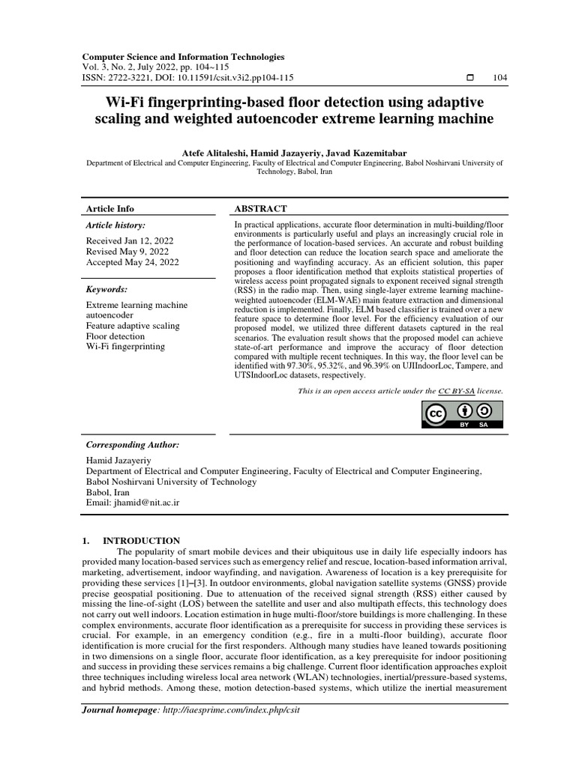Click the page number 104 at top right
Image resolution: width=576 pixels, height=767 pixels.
498,77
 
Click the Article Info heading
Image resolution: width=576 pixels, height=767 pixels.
110,208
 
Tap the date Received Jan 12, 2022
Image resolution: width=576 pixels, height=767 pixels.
129,240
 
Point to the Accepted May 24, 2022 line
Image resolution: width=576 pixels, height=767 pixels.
132,262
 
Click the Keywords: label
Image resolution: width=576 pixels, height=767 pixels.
108,288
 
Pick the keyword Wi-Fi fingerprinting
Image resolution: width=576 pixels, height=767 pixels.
126,347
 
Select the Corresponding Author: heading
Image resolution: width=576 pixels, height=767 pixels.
133,444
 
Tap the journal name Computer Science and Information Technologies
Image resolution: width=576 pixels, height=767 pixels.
183,56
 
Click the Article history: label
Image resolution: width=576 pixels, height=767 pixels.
115,225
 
